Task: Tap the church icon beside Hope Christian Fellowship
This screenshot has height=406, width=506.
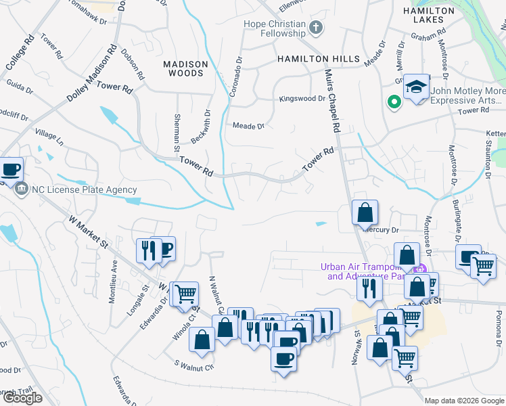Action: (315, 28)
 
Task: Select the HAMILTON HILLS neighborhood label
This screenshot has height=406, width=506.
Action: (318, 60)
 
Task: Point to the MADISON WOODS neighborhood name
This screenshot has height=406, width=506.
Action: (185, 68)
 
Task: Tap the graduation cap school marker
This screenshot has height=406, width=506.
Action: (416, 88)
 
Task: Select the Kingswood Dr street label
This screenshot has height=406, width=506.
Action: (302, 99)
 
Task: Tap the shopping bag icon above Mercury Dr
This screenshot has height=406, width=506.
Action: (365, 212)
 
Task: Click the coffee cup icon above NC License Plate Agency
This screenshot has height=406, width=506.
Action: (10, 169)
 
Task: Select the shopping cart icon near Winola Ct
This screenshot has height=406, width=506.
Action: (185, 294)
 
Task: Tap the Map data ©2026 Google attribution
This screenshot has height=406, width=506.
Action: (464, 401)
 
